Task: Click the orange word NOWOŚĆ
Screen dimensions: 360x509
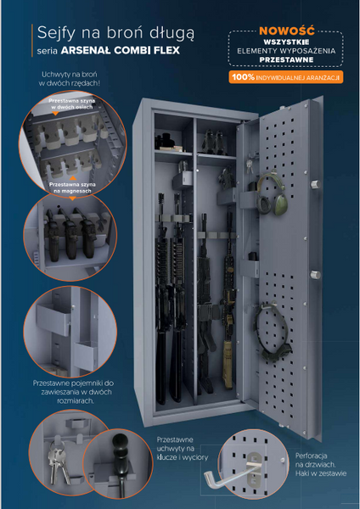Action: click(287, 31)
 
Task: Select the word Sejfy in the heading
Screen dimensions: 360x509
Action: click(56, 33)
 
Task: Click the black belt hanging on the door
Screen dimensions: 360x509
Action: click(272, 332)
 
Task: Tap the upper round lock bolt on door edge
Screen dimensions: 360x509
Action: click(316, 184)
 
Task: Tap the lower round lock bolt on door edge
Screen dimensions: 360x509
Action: click(315, 275)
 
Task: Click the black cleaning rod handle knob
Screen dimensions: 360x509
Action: click(120, 445)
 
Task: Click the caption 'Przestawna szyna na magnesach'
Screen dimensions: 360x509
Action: click(72, 187)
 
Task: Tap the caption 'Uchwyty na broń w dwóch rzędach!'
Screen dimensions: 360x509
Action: click(70, 79)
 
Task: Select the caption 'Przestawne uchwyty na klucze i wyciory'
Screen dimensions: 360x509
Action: click(183, 449)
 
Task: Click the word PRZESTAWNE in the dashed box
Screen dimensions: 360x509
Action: click(286, 59)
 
